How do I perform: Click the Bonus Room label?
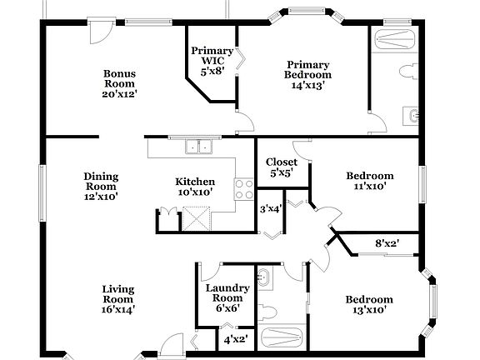pos(119,83)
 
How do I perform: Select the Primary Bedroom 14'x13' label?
pos(308,74)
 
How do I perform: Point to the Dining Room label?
pos(101,187)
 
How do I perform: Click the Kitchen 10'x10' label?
pos(195,187)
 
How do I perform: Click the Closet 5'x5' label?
pos(282,167)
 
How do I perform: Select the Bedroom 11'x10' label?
pos(370,182)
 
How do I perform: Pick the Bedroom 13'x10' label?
pos(369,305)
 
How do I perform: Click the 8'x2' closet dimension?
pos(387,244)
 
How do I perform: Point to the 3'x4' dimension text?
pos(271,209)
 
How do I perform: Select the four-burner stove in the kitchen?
pos(244,189)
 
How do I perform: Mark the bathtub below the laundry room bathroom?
pos(282,338)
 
